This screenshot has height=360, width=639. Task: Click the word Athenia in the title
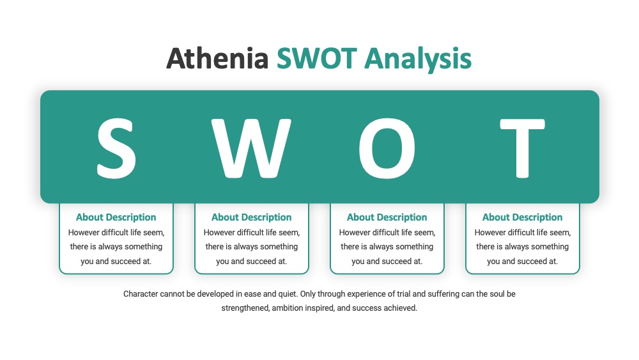pos(217,58)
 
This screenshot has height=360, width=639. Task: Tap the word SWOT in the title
pos(317,58)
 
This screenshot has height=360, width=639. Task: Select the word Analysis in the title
pos(418,59)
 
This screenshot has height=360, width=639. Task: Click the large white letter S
pos(116,148)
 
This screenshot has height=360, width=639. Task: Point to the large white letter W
pos(251,148)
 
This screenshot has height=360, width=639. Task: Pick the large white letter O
pos(387,148)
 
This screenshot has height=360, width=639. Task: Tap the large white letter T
pos(523,148)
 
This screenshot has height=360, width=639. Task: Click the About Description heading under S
pos(116,217)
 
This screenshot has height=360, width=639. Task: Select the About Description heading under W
pos(251,217)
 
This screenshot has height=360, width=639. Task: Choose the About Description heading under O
pos(387,217)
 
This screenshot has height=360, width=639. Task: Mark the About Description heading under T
pos(523,217)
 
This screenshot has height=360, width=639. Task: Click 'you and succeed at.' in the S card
pos(116,262)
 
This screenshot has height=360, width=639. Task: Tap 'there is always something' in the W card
pos(251,247)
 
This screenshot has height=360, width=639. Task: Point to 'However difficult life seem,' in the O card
pos(387,232)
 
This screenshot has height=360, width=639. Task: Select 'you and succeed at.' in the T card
pos(523,262)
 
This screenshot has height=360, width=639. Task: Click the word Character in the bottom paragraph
pos(141,294)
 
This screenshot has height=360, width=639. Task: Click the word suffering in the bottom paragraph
pos(443,294)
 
